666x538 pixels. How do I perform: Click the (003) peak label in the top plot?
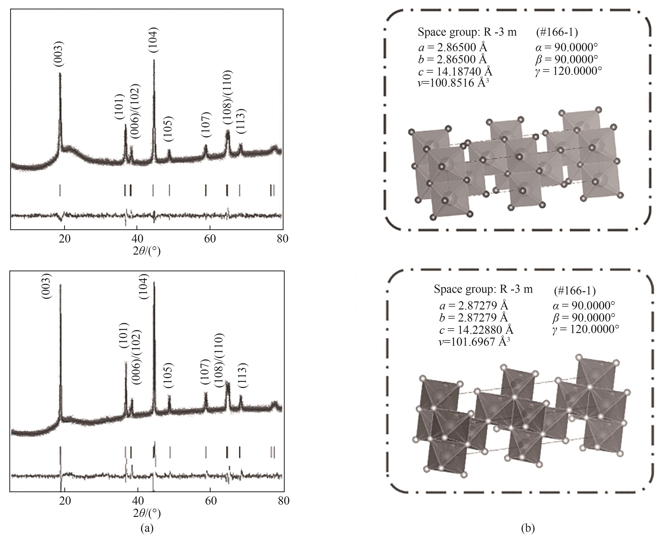[59, 54]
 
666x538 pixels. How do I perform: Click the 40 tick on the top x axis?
[137, 239]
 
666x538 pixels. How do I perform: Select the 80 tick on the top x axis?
[282, 239]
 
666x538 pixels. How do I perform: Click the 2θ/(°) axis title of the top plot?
[147, 251]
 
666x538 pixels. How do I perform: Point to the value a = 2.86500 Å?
[453, 47]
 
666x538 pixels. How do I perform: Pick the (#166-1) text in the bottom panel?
[574, 291]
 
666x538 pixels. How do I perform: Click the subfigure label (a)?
[147, 528]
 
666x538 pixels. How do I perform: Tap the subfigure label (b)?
[527, 528]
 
